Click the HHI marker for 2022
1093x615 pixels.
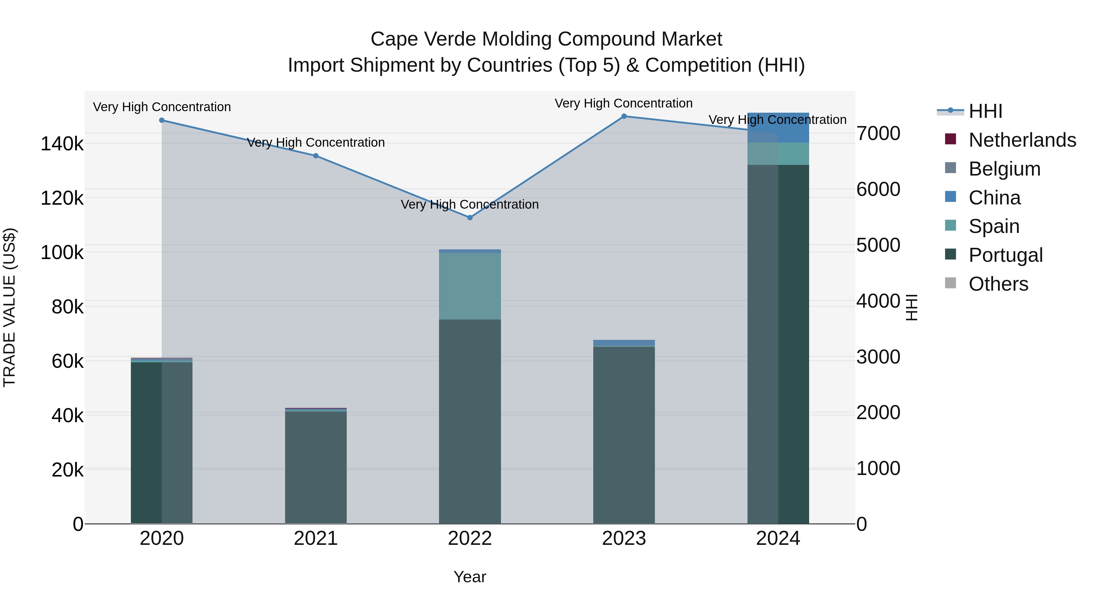pos(470,217)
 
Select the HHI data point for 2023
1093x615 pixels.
pos(624,116)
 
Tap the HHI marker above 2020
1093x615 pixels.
pos(162,120)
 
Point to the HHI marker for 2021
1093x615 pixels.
pos(316,156)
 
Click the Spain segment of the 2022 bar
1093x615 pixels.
pos(470,286)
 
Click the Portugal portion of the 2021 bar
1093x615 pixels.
pos(316,467)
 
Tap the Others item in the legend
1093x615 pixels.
pos(998,284)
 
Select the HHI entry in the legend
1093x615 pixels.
pos(985,111)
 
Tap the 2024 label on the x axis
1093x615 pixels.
pos(778,538)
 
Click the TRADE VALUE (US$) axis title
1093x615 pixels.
pos(9,307)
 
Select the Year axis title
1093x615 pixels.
pos(470,577)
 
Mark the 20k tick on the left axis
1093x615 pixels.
pos(67,470)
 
